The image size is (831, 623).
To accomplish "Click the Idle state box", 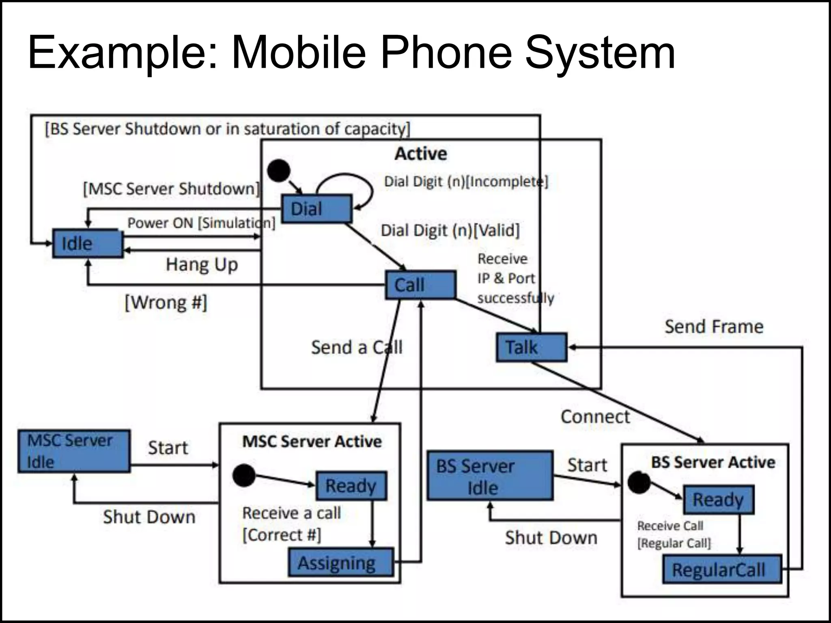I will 87,243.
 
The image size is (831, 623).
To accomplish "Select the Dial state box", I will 316,209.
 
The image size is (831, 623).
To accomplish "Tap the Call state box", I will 420,285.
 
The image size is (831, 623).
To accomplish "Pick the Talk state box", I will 531,347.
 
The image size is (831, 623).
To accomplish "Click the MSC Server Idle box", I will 74,451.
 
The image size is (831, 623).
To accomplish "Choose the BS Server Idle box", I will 490,476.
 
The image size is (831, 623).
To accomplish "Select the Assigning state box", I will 341,563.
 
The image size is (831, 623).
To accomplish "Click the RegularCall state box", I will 722,569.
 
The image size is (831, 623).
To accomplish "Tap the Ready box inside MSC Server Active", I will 351,486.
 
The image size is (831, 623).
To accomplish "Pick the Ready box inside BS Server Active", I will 718,499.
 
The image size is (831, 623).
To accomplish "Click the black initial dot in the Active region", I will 279,170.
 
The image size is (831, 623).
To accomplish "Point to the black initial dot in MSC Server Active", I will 244,476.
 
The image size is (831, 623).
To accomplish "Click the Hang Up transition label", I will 202,265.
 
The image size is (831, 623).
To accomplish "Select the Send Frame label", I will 714,327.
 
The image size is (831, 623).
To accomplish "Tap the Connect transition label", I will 595,417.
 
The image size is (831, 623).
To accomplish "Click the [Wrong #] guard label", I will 166,303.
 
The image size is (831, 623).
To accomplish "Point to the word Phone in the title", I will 446,53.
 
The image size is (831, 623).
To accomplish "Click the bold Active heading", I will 421,154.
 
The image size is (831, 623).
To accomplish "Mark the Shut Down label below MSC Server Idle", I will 149,517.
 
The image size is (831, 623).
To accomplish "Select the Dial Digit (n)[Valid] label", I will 450,230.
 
